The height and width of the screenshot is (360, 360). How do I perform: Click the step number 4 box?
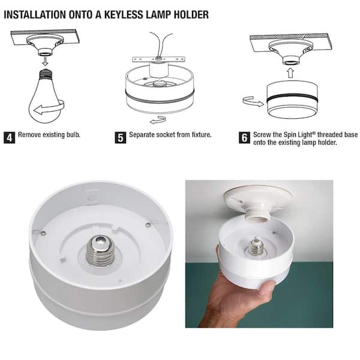click(x=10, y=136)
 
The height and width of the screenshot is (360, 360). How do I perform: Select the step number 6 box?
click(x=245, y=137)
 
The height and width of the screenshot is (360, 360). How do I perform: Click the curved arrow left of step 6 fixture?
click(x=252, y=102)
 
